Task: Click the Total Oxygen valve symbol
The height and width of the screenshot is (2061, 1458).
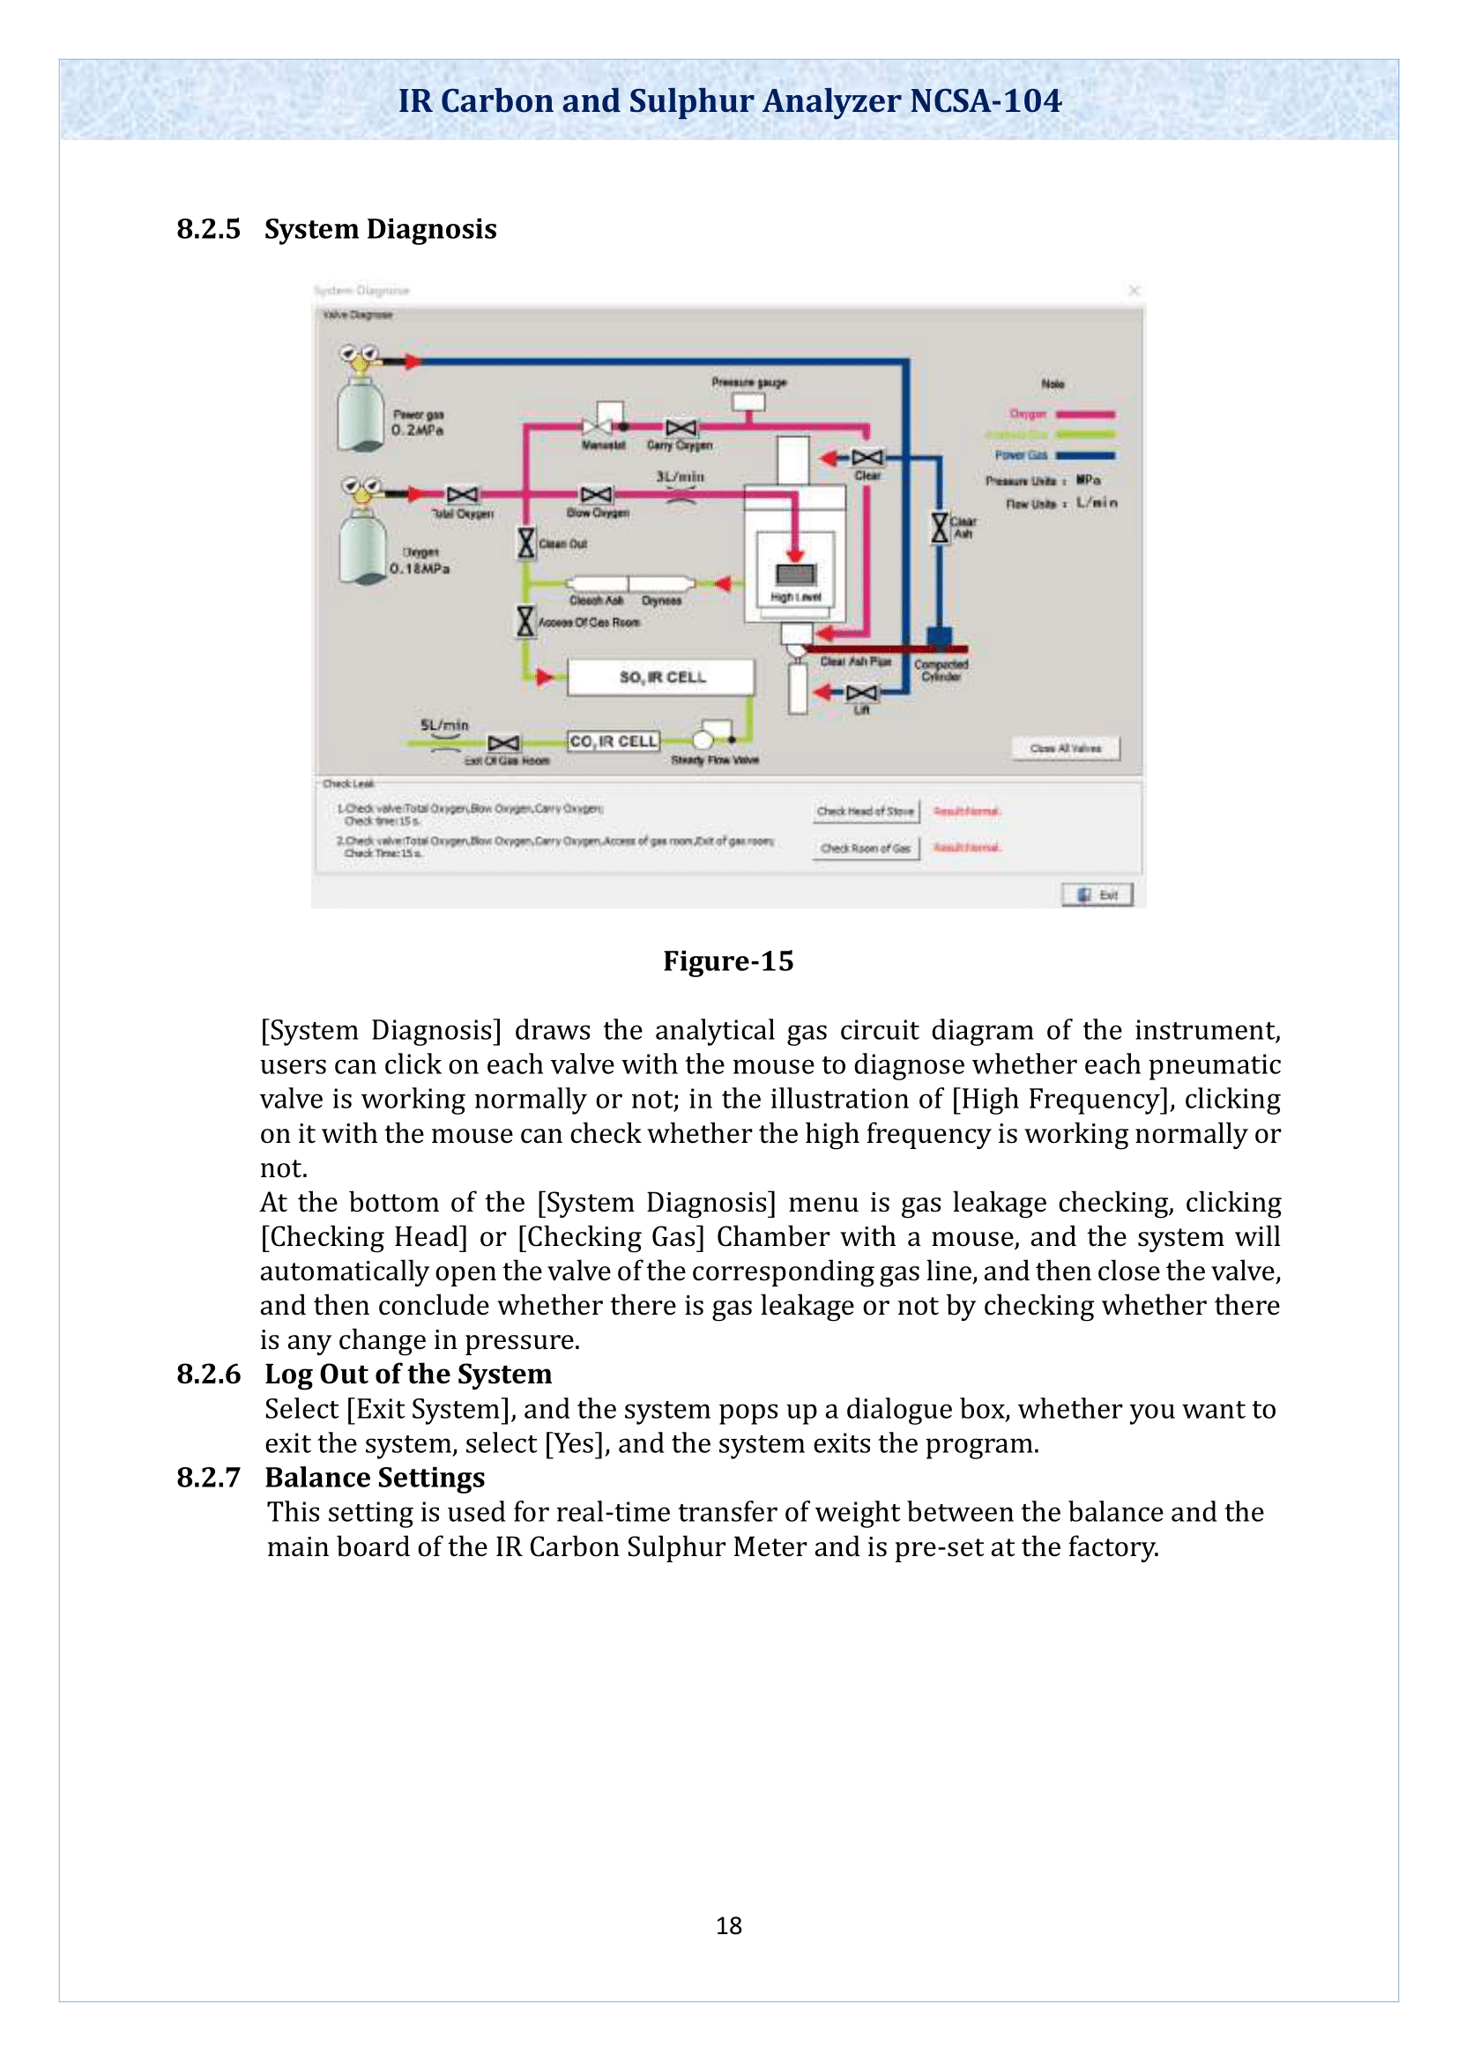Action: click(x=463, y=494)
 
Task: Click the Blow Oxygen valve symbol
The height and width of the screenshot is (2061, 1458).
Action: click(x=596, y=494)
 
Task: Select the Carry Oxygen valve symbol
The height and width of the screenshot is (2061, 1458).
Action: click(x=681, y=427)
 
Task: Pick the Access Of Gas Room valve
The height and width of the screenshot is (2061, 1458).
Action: click(x=526, y=621)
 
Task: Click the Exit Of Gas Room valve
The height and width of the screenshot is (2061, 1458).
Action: click(x=503, y=744)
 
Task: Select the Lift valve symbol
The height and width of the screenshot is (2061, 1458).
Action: click(x=862, y=692)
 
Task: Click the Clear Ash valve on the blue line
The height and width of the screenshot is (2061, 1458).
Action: click(x=939, y=528)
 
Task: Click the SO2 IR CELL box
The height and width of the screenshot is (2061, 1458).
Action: click(x=661, y=678)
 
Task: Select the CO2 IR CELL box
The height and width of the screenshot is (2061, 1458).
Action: click(x=614, y=741)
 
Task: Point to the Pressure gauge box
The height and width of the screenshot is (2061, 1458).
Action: click(x=748, y=401)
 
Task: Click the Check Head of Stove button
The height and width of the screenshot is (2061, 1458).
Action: click(x=866, y=812)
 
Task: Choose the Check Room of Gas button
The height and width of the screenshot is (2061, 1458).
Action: click(x=866, y=849)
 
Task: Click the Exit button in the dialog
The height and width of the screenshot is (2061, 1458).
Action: click(x=1097, y=895)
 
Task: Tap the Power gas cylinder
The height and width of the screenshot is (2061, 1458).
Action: click(x=360, y=415)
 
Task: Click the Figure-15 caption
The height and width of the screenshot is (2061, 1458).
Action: click(x=728, y=961)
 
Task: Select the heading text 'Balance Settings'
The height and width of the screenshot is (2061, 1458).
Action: click(x=375, y=1478)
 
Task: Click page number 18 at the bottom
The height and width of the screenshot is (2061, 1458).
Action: click(x=728, y=1925)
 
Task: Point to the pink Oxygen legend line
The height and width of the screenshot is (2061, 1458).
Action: click(x=1085, y=415)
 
